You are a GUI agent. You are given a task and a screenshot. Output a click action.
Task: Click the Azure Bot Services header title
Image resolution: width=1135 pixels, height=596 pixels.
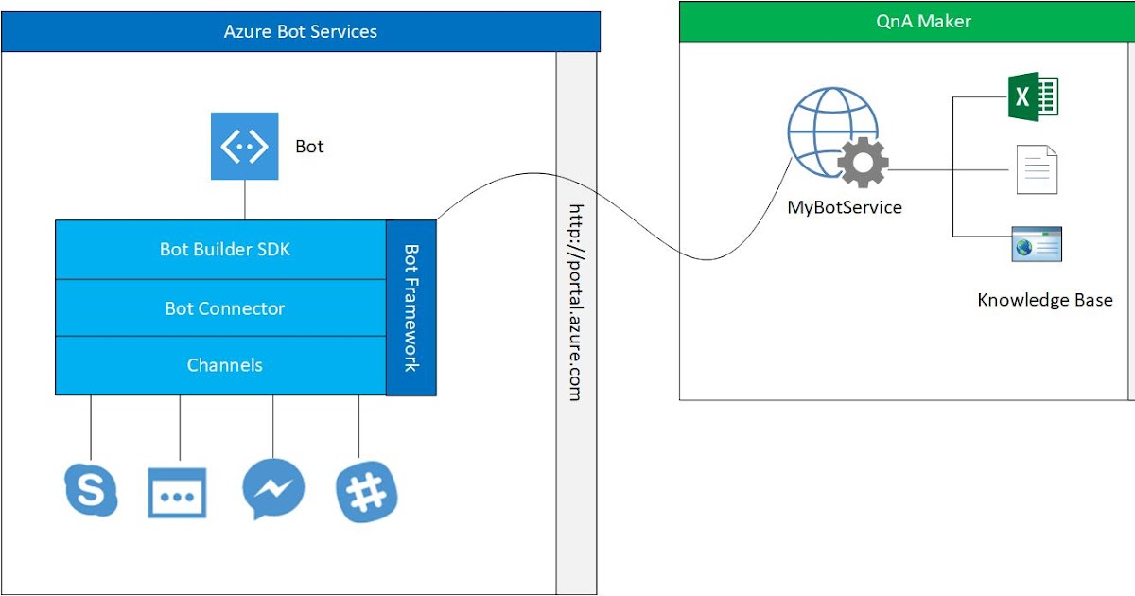(x=300, y=31)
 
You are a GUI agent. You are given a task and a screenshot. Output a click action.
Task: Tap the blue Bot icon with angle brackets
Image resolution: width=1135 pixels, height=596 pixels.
(x=244, y=146)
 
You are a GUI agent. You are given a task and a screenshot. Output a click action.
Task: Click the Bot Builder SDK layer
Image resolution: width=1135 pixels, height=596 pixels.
(x=224, y=250)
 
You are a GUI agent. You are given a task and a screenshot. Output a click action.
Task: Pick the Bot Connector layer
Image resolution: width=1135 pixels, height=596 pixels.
(x=224, y=308)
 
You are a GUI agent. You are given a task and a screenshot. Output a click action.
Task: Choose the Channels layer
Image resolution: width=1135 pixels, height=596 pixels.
(x=224, y=365)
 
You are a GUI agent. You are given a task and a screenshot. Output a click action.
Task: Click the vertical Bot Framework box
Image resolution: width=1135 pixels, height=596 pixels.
(x=411, y=307)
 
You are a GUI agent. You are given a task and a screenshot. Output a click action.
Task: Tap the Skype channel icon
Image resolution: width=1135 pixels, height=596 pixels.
(x=91, y=490)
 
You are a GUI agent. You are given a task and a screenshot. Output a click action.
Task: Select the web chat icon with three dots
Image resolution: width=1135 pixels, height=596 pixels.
(x=177, y=493)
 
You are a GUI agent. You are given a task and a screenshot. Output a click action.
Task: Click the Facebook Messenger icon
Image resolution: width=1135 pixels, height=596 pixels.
(x=273, y=489)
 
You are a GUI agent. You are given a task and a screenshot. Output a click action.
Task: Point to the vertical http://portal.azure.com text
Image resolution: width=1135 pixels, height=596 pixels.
(x=575, y=303)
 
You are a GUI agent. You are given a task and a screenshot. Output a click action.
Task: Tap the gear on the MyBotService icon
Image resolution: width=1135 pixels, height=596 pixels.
(x=863, y=163)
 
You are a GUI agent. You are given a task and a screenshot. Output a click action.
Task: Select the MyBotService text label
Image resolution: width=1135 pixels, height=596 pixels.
(x=845, y=207)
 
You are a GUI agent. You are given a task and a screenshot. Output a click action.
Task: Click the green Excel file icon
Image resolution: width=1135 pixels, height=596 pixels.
(x=1033, y=96)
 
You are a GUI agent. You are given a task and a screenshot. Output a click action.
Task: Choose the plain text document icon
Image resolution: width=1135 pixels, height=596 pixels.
(x=1037, y=170)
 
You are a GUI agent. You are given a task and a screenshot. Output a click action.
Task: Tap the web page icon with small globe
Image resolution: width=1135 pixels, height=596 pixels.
(x=1037, y=245)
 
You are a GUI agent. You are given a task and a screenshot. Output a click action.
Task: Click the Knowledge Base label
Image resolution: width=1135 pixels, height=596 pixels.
(x=1044, y=300)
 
